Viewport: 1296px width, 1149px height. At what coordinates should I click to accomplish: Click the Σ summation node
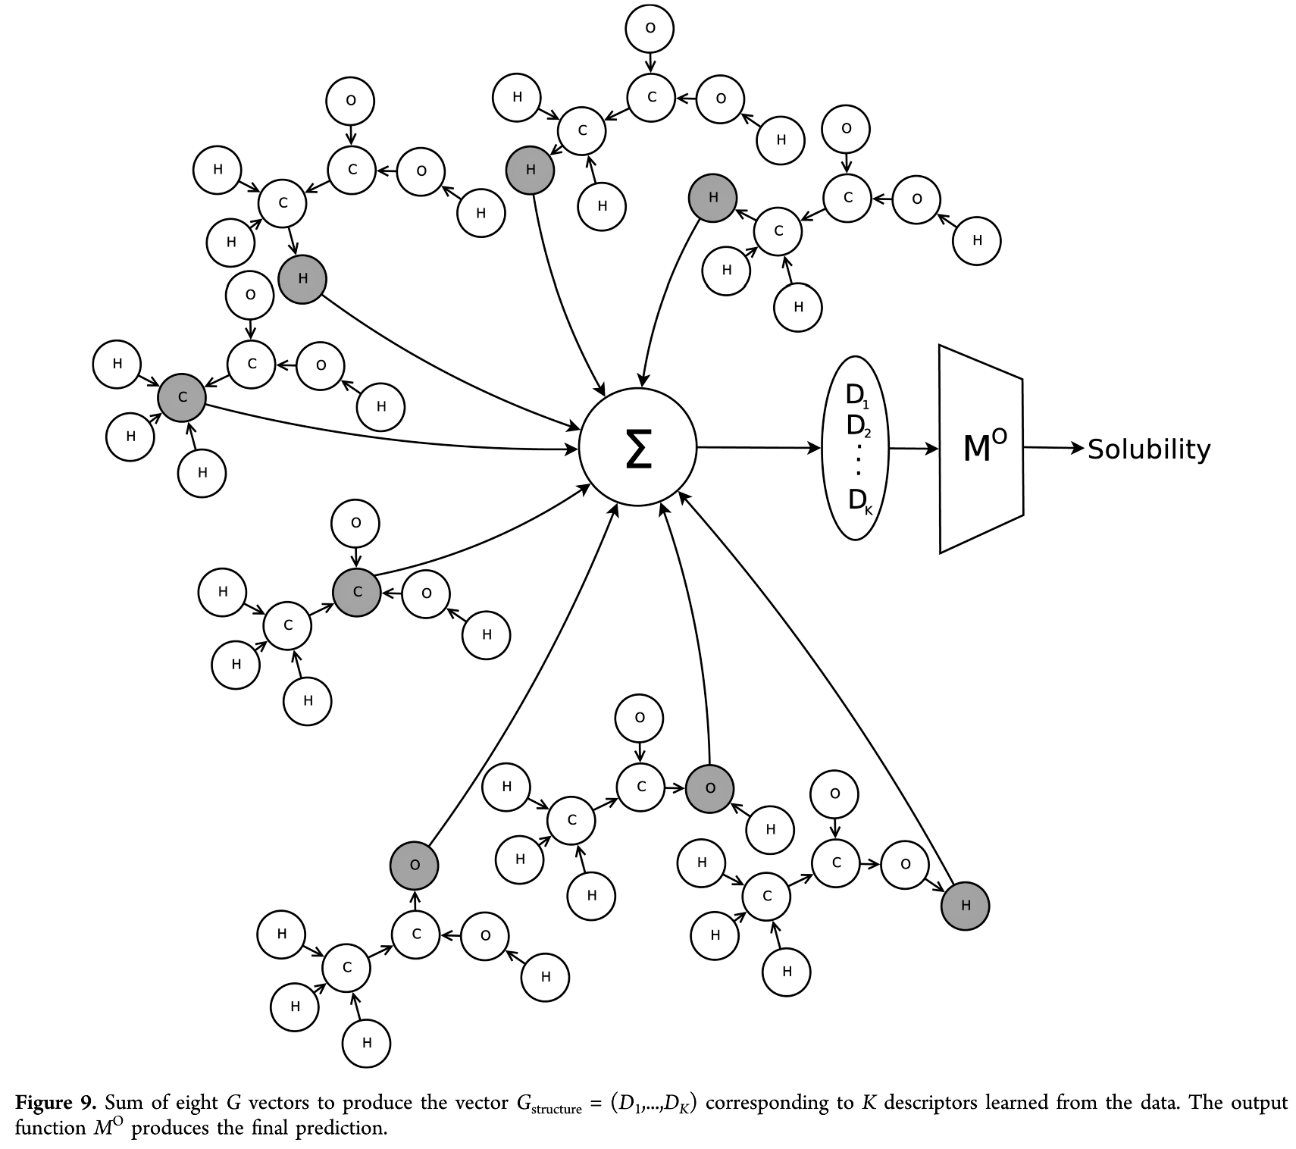point(637,447)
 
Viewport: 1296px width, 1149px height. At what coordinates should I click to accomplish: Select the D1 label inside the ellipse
point(856,396)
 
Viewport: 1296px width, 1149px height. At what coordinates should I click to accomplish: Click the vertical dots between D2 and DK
point(858,461)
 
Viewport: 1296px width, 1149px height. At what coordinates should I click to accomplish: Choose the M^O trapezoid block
point(981,449)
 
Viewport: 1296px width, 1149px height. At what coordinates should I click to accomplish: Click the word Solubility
point(1149,449)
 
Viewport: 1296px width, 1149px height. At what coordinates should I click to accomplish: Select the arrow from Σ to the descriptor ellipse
point(758,448)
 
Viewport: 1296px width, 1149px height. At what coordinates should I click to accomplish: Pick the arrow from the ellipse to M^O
point(913,449)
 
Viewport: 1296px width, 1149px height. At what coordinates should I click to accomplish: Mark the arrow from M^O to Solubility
point(1053,448)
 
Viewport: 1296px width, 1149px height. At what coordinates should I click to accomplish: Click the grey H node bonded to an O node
point(965,905)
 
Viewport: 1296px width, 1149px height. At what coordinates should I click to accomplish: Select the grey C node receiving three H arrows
point(182,397)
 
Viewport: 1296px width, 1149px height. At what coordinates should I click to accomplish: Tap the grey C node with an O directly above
point(357,592)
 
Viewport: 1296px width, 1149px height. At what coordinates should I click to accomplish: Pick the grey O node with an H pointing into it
point(710,788)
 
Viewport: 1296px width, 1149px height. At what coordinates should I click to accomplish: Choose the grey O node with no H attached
point(414,865)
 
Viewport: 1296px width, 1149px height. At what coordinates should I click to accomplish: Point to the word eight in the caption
point(196,1102)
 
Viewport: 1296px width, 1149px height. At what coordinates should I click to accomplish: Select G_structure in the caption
point(549,1104)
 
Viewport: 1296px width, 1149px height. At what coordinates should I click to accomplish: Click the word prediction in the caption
point(338,1128)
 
